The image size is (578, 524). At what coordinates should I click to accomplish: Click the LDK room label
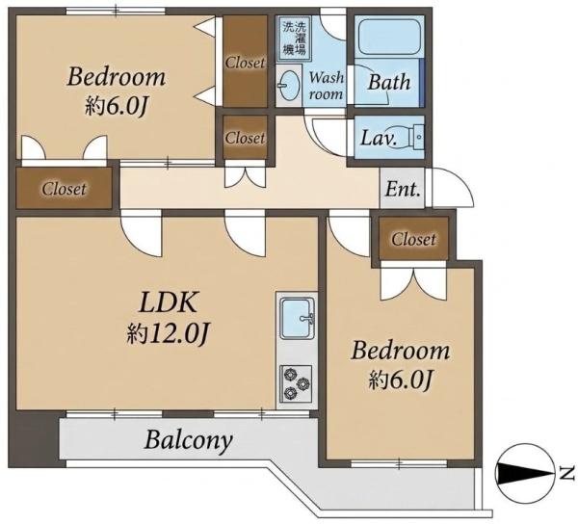tap(169, 302)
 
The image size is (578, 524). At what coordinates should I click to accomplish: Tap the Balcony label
tap(189, 439)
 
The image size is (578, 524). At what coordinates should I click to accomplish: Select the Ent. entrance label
tap(403, 189)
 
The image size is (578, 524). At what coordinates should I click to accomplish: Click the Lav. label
tap(379, 138)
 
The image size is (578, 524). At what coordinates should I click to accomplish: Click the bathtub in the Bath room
tap(388, 36)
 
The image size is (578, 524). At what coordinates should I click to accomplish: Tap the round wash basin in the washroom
tap(288, 85)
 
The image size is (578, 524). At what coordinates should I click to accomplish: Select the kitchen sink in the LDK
tap(297, 319)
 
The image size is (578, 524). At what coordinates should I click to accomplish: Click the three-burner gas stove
tap(296, 383)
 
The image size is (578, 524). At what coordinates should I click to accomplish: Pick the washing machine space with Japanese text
tap(294, 38)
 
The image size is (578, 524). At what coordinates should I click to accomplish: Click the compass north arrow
tap(526, 473)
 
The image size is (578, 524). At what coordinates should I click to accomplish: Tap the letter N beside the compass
tap(566, 474)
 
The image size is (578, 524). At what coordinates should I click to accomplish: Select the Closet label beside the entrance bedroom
tap(413, 240)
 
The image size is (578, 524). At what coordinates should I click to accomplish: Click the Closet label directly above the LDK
tap(64, 189)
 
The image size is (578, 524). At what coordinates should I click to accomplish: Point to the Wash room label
tap(326, 86)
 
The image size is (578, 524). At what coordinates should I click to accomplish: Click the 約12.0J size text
tap(169, 334)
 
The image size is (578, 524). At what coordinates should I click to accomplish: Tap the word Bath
tap(389, 82)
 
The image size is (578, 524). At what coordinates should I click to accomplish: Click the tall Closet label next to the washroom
tap(245, 63)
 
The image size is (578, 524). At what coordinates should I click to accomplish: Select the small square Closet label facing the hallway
tap(245, 138)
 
